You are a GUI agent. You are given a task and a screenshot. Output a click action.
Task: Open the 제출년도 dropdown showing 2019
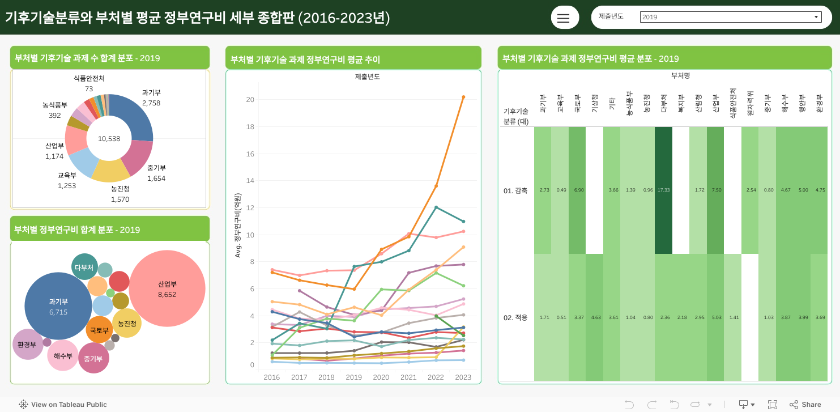click(731, 17)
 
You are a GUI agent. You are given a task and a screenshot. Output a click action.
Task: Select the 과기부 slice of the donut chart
click(134, 116)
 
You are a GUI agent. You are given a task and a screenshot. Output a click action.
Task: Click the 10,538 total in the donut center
click(109, 138)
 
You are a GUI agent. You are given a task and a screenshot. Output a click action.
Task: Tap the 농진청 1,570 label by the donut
click(120, 194)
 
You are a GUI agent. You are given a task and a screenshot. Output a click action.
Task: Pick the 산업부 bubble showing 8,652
click(167, 288)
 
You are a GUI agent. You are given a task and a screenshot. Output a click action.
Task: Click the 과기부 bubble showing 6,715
click(58, 306)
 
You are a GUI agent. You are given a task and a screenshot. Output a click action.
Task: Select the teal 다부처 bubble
click(84, 267)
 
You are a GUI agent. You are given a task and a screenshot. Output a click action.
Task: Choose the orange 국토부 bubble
click(99, 330)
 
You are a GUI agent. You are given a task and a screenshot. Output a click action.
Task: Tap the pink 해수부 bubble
click(63, 355)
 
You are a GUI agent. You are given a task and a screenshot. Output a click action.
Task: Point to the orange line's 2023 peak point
click(463, 97)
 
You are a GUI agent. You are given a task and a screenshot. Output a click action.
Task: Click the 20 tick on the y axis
click(250, 100)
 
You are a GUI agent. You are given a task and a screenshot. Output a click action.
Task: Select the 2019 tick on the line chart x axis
click(353, 377)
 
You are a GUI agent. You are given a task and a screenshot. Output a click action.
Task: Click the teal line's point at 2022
click(436, 207)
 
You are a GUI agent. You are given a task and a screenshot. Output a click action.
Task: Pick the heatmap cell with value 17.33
click(663, 190)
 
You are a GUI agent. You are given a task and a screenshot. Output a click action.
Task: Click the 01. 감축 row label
click(515, 190)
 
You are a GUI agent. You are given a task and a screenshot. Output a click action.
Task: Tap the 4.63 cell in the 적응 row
click(595, 317)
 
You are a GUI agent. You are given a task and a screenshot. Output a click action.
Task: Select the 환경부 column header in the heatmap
click(819, 102)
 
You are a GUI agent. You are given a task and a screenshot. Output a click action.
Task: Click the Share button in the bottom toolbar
click(805, 404)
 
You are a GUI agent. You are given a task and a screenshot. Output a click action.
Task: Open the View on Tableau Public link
click(63, 404)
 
